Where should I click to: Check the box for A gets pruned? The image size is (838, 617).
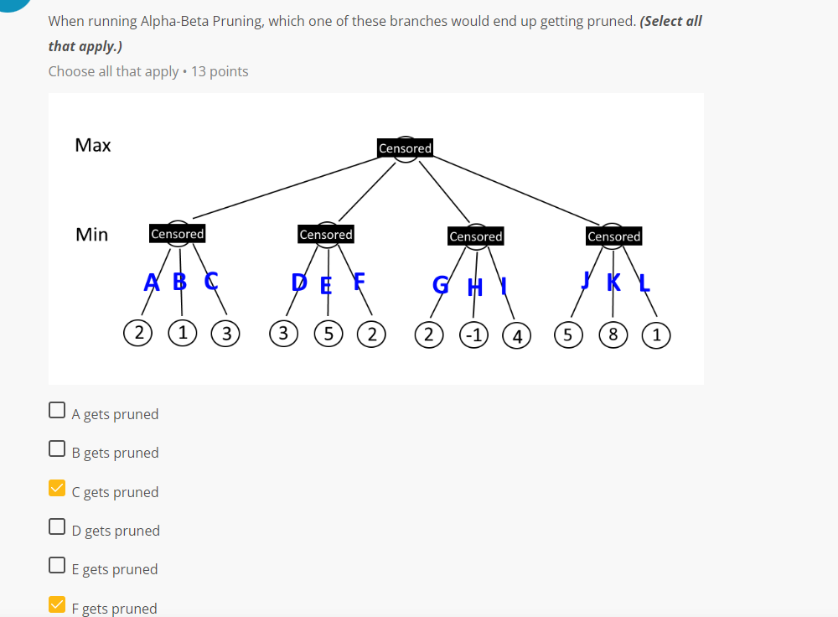coord(57,410)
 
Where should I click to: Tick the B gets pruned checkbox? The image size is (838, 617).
coord(57,448)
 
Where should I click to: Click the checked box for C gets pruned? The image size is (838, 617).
coord(57,488)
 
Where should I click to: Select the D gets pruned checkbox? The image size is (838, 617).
coord(57,526)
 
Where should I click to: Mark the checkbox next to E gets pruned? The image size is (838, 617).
coord(57,565)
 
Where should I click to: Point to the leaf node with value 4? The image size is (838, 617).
coord(517,336)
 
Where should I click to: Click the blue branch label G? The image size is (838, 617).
coord(440,285)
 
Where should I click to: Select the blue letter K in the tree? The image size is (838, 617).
coord(613,282)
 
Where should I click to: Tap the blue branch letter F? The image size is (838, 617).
coord(359,281)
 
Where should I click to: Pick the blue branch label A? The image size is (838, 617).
coord(151,282)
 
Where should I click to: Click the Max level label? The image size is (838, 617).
coord(93,145)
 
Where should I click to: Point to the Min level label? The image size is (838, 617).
coord(92,235)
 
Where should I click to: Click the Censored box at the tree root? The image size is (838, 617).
coord(405,148)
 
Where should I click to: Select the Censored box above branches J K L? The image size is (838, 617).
coord(613,236)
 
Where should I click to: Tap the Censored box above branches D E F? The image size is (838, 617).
coord(326,235)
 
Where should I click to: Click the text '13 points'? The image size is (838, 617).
coord(220,71)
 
